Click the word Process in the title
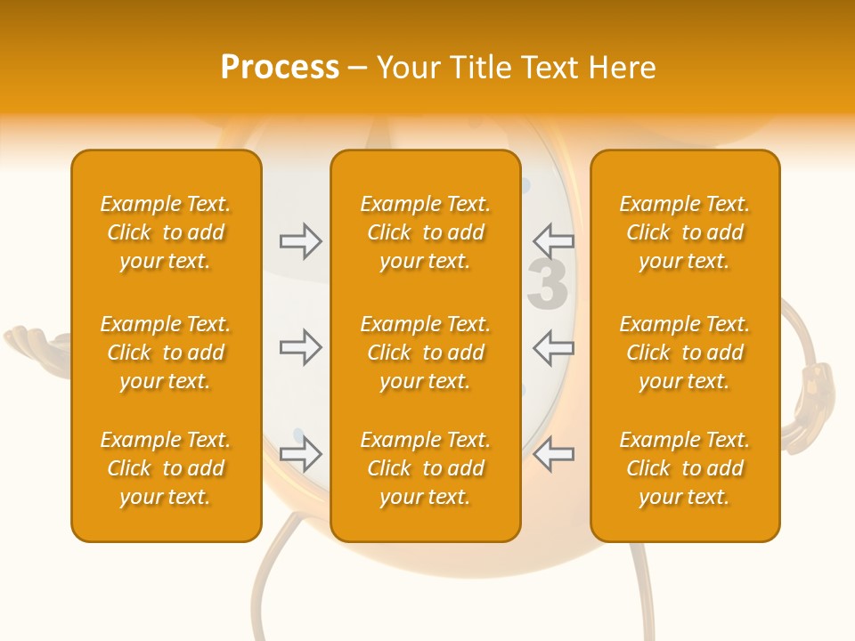280,68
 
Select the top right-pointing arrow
300,240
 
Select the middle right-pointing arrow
300,347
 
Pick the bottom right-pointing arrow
300,455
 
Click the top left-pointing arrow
553,240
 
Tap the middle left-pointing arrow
553,347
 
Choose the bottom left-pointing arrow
553,455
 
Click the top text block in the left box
166,232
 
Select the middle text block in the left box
166,353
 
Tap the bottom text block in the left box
166,468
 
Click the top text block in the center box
425,232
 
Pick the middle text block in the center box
425,353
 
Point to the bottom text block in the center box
425,468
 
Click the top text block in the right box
685,232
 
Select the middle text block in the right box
685,353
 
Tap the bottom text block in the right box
685,468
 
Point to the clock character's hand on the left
36,342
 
